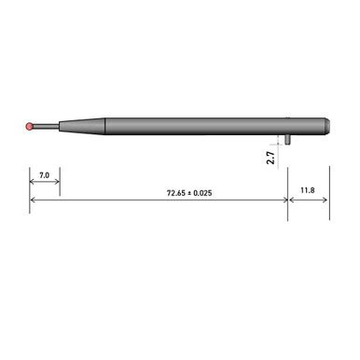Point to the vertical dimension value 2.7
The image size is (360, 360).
click(270, 159)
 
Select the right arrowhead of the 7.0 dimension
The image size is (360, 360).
click(57, 185)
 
